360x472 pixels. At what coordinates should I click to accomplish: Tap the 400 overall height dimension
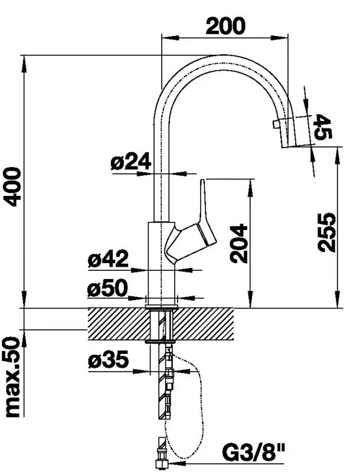coord(12,187)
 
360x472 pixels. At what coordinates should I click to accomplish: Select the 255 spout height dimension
coord(326,232)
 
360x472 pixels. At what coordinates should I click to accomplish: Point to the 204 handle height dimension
coord(238,243)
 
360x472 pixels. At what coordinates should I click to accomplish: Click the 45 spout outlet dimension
coord(323,127)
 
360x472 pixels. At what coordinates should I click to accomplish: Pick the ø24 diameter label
coord(130,161)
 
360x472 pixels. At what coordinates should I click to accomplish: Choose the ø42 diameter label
coord(109,259)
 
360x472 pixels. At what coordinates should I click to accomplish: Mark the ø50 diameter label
coord(108,288)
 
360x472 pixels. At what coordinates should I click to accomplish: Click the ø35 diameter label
coord(109,360)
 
